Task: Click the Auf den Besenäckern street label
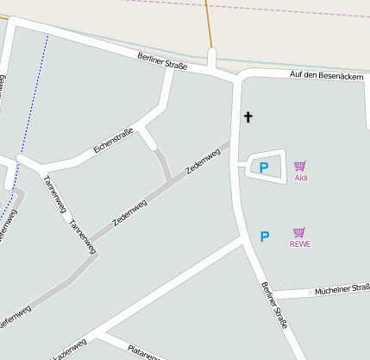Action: pos(326,76)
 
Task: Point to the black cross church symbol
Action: pos(248,117)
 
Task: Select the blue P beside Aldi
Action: pos(264,167)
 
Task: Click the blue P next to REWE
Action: pos(265,236)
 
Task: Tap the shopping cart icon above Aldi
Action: pos(299,166)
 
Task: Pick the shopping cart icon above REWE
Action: pos(299,232)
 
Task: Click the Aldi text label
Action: pos(301,178)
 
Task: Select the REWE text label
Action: pos(300,244)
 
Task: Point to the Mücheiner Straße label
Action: pos(342,288)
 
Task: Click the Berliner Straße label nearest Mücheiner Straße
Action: pos(273,305)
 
